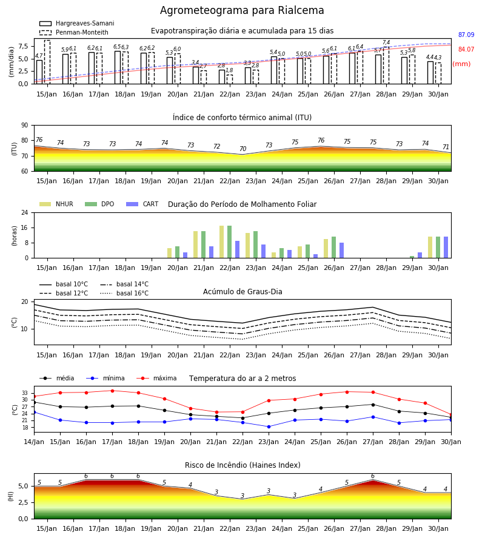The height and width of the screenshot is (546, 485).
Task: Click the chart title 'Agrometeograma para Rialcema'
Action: point(242,10)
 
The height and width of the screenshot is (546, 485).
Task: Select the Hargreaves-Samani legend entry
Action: point(77,23)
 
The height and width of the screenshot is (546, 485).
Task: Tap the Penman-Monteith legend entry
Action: point(74,32)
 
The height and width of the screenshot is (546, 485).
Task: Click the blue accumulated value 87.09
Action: point(466,35)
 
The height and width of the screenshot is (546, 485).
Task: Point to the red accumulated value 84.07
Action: point(466,50)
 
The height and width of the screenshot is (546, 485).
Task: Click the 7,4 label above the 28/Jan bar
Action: point(386,42)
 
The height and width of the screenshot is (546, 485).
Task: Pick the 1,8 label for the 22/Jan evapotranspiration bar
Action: point(229,70)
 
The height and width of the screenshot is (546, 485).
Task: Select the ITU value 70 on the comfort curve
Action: point(243,149)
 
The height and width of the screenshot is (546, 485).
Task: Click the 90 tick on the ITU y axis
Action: point(25,126)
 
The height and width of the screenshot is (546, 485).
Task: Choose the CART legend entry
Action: point(142,204)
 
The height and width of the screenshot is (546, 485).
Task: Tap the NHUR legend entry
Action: point(56,204)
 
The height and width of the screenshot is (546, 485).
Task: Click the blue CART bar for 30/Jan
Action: point(446,248)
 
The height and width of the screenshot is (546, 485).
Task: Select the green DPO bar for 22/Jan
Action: point(230,242)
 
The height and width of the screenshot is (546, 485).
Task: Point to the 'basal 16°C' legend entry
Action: point(124,293)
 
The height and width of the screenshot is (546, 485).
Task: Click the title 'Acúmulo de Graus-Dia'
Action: point(242,292)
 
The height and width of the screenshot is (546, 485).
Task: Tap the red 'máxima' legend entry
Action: point(156,378)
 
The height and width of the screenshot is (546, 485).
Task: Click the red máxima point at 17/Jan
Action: point(112,391)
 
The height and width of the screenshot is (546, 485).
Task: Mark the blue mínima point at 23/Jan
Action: point(269,426)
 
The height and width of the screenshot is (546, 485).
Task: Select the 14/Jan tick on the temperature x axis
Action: point(34,442)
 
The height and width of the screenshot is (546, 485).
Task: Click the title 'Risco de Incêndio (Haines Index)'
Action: point(242,465)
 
